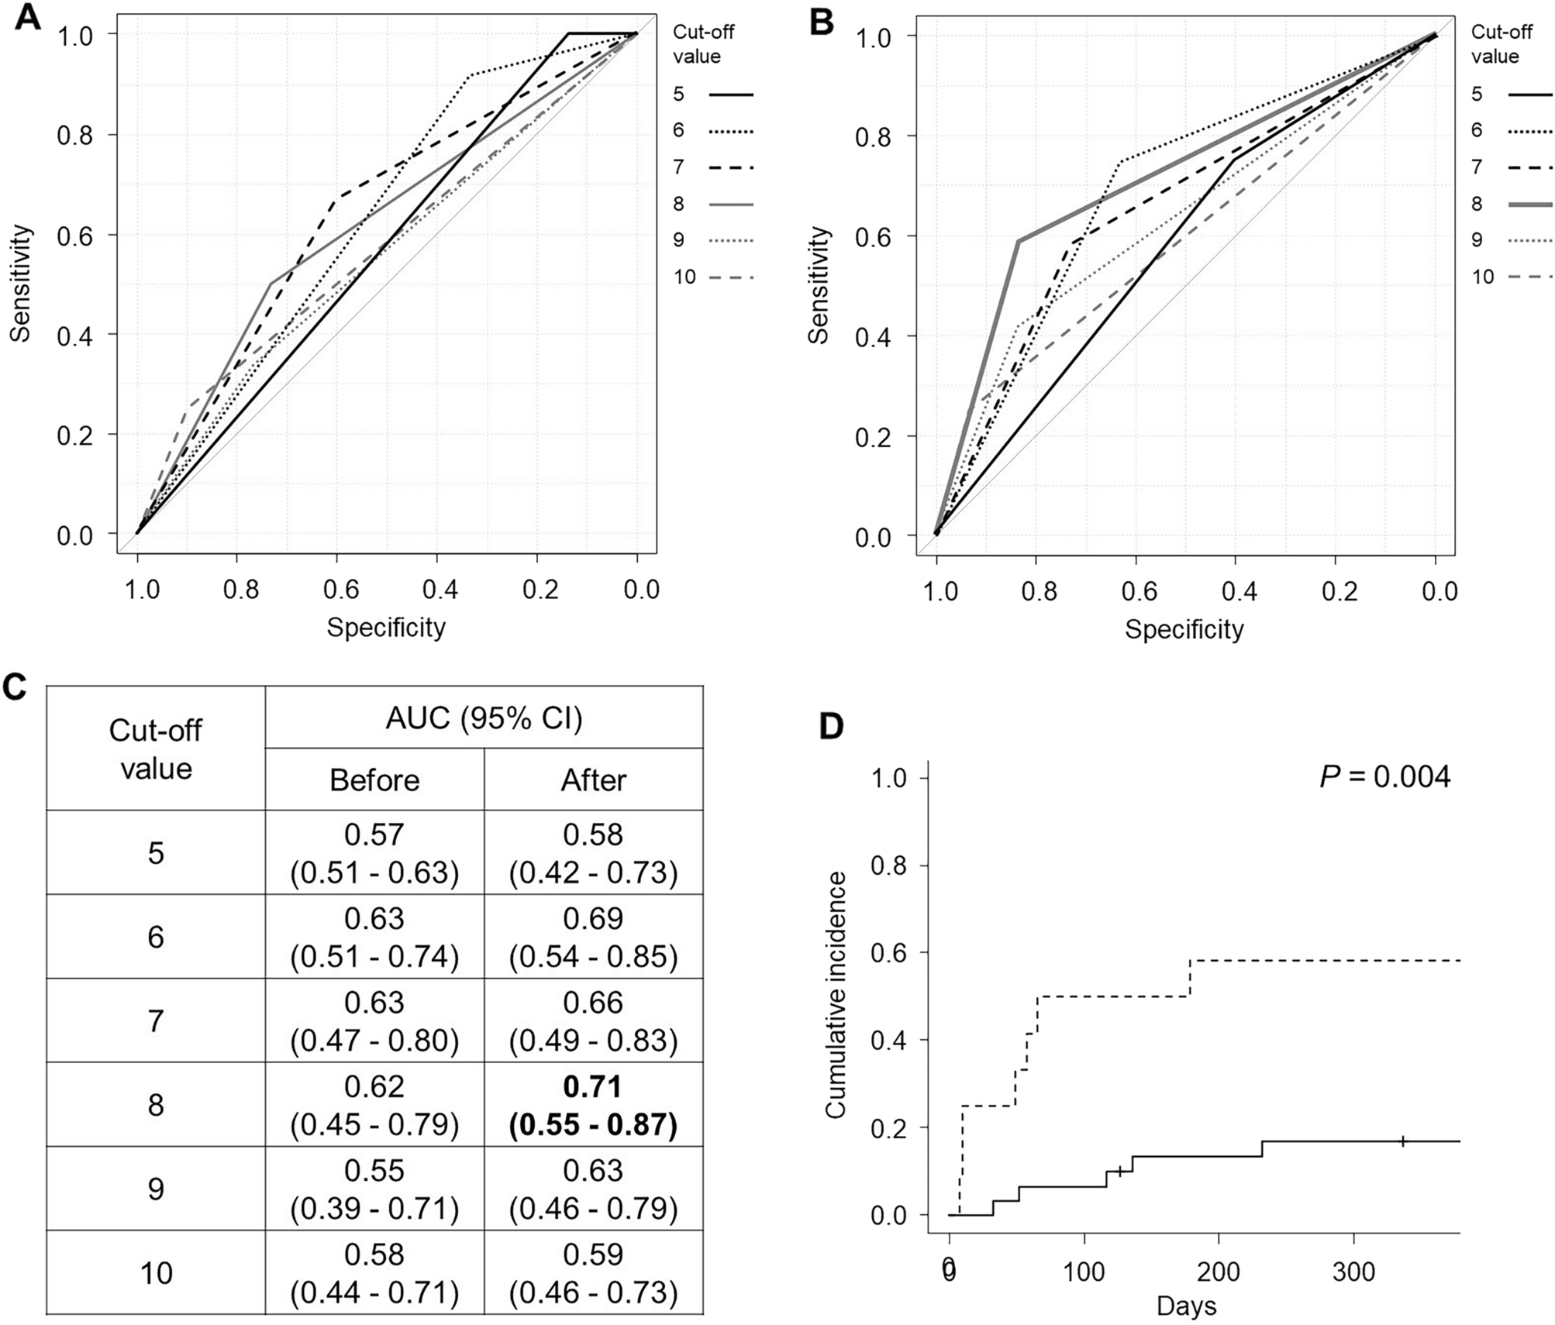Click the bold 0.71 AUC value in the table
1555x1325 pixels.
593,1087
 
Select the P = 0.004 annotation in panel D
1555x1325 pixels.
1384,776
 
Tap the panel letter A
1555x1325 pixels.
27,17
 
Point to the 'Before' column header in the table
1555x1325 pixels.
374,780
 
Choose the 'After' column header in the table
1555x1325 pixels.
593,780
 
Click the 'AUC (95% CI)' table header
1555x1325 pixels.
484,718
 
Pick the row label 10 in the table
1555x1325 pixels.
156,1273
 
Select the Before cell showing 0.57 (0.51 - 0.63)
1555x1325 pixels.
374,854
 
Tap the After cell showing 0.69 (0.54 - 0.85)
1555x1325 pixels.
593,938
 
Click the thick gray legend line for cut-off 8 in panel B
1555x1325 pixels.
1530,204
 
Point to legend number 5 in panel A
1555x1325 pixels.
678,95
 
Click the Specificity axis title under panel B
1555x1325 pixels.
1184,629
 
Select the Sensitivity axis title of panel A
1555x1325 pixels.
21,283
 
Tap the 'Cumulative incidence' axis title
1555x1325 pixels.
835,995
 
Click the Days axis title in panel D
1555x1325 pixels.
1186,1306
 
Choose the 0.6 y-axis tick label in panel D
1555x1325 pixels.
888,952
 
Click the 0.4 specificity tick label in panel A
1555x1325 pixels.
440,590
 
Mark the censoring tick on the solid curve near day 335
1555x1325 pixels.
1403,1141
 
